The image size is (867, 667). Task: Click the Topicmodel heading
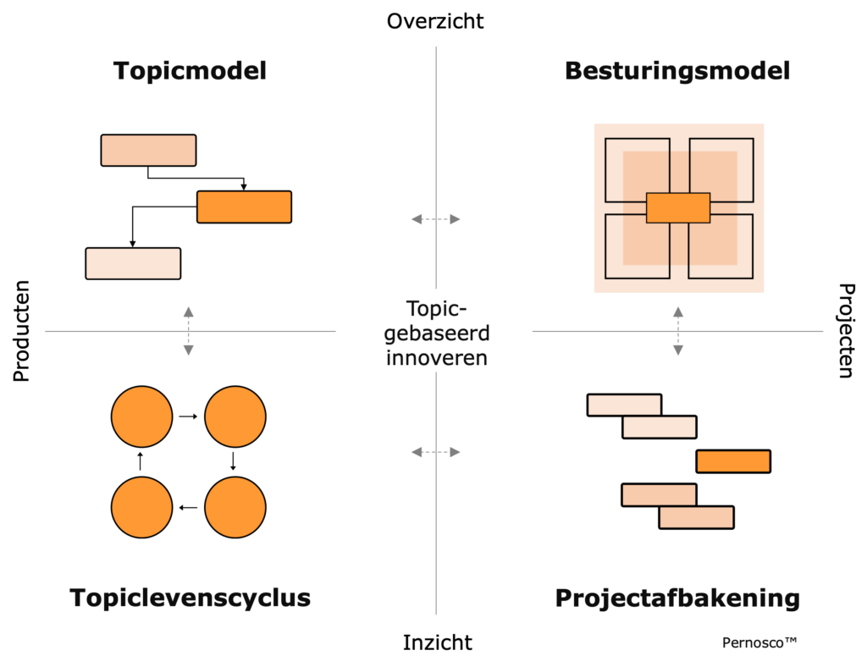click(x=190, y=71)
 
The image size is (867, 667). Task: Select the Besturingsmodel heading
click(x=677, y=71)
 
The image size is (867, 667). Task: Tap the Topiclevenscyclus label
click(x=190, y=598)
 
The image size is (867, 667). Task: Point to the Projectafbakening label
click(x=677, y=598)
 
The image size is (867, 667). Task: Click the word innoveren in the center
click(x=437, y=357)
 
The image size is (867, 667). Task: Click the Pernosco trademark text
click(x=759, y=642)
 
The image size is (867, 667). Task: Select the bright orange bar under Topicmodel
click(x=244, y=207)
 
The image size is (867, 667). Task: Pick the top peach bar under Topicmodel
click(x=148, y=150)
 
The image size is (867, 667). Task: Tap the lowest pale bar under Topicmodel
click(x=133, y=263)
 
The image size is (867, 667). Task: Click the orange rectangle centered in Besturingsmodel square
click(x=677, y=207)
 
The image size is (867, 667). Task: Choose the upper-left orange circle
click(x=142, y=416)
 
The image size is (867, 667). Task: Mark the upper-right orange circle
click(x=235, y=416)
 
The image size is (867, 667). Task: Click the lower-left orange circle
click(x=142, y=507)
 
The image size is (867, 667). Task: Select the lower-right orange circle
click(x=235, y=507)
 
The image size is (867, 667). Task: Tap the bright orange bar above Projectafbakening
click(x=733, y=461)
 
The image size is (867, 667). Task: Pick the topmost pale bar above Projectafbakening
click(x=624, y=405)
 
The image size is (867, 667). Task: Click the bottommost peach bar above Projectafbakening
click(x=696, y=517)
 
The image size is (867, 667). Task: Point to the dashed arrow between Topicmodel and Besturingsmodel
click(x=436, y=219)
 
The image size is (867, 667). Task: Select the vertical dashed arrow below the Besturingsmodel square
click(x=678, y=331)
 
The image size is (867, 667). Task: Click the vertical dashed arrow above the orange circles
click(x=189, y=331)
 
